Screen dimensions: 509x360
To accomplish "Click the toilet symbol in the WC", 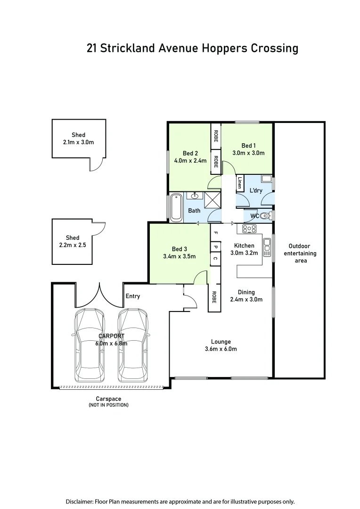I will point(265,216).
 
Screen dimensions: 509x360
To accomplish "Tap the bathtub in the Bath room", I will point(176,207).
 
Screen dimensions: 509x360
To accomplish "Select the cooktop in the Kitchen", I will point(249,229).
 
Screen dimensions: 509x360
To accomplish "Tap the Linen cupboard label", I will point(240,183).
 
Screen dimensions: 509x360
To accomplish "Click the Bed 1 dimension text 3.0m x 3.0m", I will point(248,153).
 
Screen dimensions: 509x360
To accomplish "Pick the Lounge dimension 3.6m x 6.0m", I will point(221,349).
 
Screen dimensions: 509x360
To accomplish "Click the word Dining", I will point(246,292).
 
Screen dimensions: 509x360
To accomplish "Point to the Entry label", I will point(132,296).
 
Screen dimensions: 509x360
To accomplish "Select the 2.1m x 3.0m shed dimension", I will point(78,141).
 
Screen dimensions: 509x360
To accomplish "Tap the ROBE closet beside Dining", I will point(214,297).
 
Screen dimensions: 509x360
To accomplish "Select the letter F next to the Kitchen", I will point(215,232).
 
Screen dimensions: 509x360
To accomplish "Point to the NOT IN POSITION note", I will point(108,405).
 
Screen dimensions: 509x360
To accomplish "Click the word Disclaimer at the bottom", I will point(80,501).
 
